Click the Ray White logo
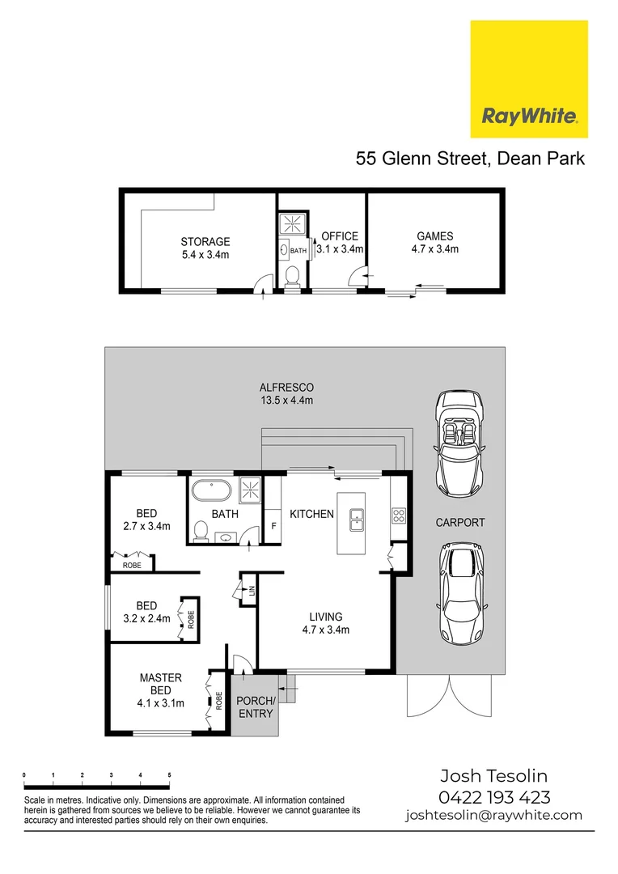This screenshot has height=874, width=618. pyautogui.click(x=529, y=79)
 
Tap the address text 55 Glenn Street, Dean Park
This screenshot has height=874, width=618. pyautogui.click(x=470, y=159)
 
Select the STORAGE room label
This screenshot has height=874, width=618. pyautogui.click(x=205, y=247)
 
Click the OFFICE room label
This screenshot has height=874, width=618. pyautogui.click(x=340, y=243)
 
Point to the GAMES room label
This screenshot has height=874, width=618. pyautogui.click(x=434, y=243)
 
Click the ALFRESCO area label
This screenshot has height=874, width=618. pyautogui.click(x=286, y=394)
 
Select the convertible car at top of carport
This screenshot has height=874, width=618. pyautogui.click(x=459, y=443)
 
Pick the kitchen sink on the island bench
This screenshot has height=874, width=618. pyautogui.click(x=356, y=520)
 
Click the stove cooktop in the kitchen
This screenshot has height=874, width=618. pyautogui.click(x=398, y=514)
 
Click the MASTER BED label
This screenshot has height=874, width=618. pyautogui.click(x=160, y=690)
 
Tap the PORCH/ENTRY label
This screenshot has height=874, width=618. pyautogui.click(x=256, y=706)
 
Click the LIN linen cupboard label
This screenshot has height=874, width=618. pyautogui.click(x=252, y=590)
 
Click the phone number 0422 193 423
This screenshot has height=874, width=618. pyautogui.click(x=494, y=797)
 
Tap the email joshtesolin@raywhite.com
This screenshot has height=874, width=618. pyautogui.click(x=494, y=816)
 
